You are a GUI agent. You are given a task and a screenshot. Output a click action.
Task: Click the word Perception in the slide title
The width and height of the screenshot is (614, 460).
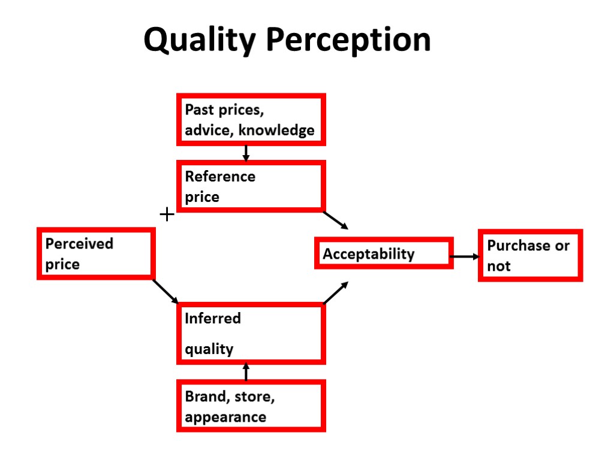click(348, 41)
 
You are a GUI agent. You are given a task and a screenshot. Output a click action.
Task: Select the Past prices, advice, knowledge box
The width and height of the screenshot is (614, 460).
click(251, 119)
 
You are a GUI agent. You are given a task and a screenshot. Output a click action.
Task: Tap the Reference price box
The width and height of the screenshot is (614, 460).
click(251, 186)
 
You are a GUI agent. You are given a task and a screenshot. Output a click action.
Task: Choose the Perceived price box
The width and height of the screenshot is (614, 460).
click(95, 253)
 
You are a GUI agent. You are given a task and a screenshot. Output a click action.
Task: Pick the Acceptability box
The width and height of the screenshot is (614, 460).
click(384, 253)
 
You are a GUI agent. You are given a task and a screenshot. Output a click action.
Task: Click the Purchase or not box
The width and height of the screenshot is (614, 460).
click(530, 255)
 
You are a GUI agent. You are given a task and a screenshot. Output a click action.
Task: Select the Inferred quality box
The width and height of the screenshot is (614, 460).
click(251, 334)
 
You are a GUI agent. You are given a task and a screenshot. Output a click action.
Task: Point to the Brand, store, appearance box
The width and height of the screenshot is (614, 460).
click(251, 406)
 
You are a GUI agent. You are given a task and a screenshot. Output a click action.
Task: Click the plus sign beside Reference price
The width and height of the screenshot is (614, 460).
click(167, 214)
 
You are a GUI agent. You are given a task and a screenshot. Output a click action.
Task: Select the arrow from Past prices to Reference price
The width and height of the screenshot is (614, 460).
click(246, 153)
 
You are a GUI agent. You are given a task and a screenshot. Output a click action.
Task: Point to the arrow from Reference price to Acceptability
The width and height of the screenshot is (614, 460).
click(336, 220)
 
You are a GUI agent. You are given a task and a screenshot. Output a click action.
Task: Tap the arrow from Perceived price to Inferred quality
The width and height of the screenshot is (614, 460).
click(166, 292)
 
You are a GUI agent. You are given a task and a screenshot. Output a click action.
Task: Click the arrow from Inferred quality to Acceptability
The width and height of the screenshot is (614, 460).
click(336, 293)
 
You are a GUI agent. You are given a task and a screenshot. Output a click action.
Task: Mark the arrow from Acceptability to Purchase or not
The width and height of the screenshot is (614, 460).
click(465, 256)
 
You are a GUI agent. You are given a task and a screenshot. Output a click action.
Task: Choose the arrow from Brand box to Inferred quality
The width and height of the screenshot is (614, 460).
click(246, 371)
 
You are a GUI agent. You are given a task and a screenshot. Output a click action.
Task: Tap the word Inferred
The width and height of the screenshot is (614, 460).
click(212, 319)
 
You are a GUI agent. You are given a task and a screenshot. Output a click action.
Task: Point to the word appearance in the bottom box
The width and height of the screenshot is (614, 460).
click(225, 417)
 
